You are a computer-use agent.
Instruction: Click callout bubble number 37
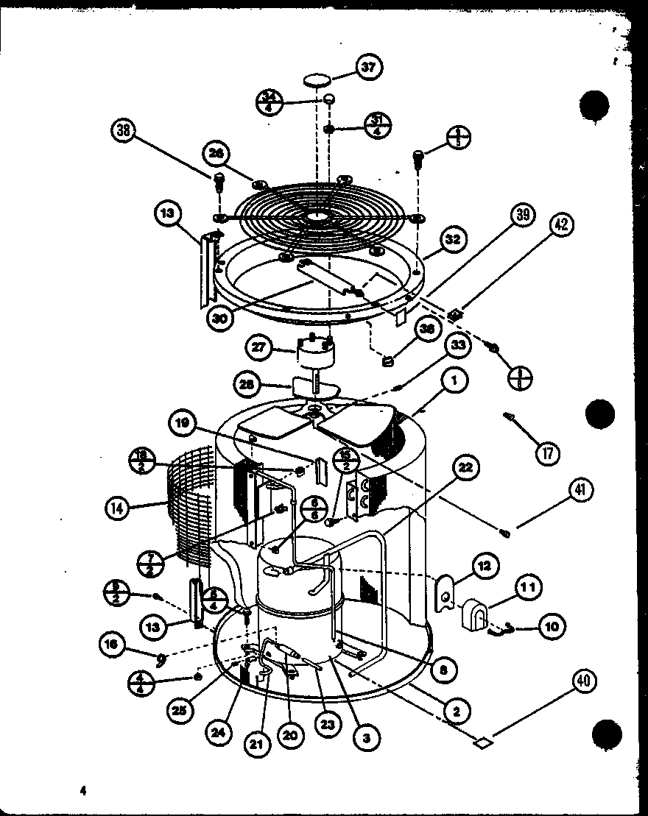tap(367, 67)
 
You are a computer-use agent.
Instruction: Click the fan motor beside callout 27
tap(314, 352)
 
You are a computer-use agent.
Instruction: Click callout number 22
tap(466, 468)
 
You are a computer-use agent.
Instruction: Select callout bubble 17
tap(546, 451)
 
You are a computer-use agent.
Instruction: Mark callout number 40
tap(582, 682)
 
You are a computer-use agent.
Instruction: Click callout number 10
tap(552, 627)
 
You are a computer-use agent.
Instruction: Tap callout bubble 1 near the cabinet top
tap(455, 381)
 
